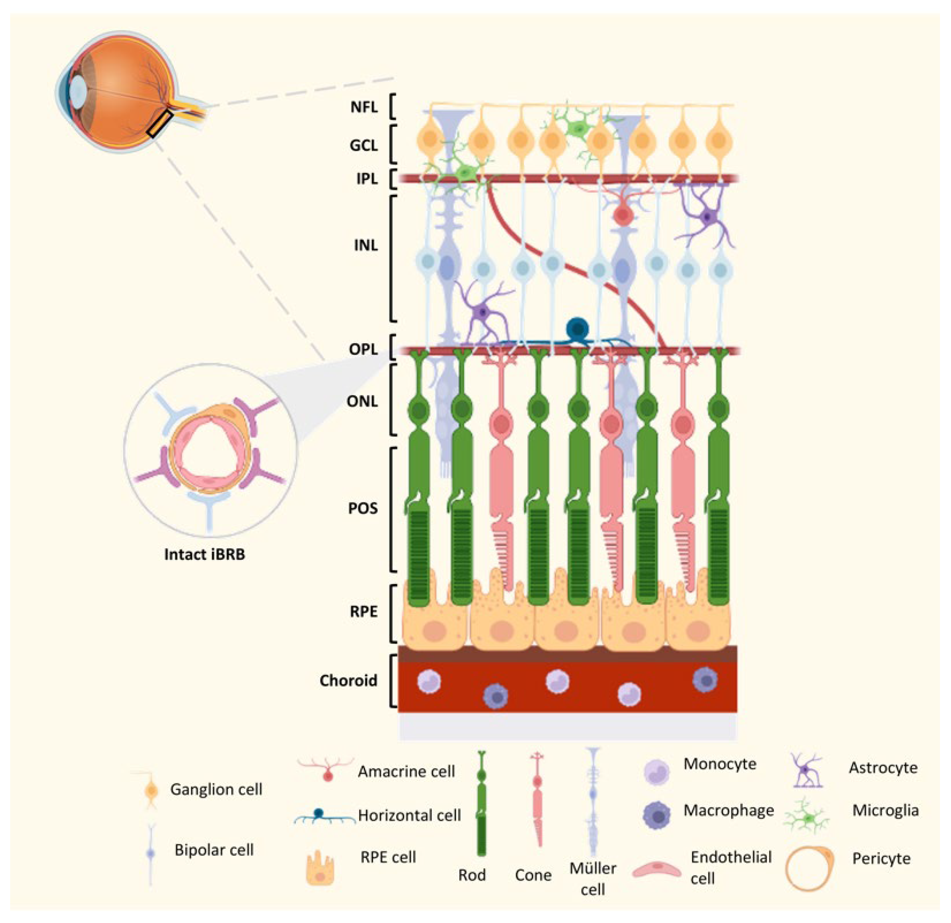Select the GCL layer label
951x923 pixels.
click(x=363, y=145)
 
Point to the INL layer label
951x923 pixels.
click(x=366, y=245)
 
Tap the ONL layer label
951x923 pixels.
click(x=362, y=401)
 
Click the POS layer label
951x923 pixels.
click(x=363, y=508)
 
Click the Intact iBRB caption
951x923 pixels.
click(x=204, y=554)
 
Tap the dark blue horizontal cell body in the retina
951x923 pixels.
click(x=577, y=328)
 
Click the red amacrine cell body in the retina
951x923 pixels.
click(x=621, y=215)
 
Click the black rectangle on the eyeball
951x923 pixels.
click(x=160, y=123)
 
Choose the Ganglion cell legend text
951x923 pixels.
click(x=216, y=789)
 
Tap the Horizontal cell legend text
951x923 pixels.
click(x=409, y=815)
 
